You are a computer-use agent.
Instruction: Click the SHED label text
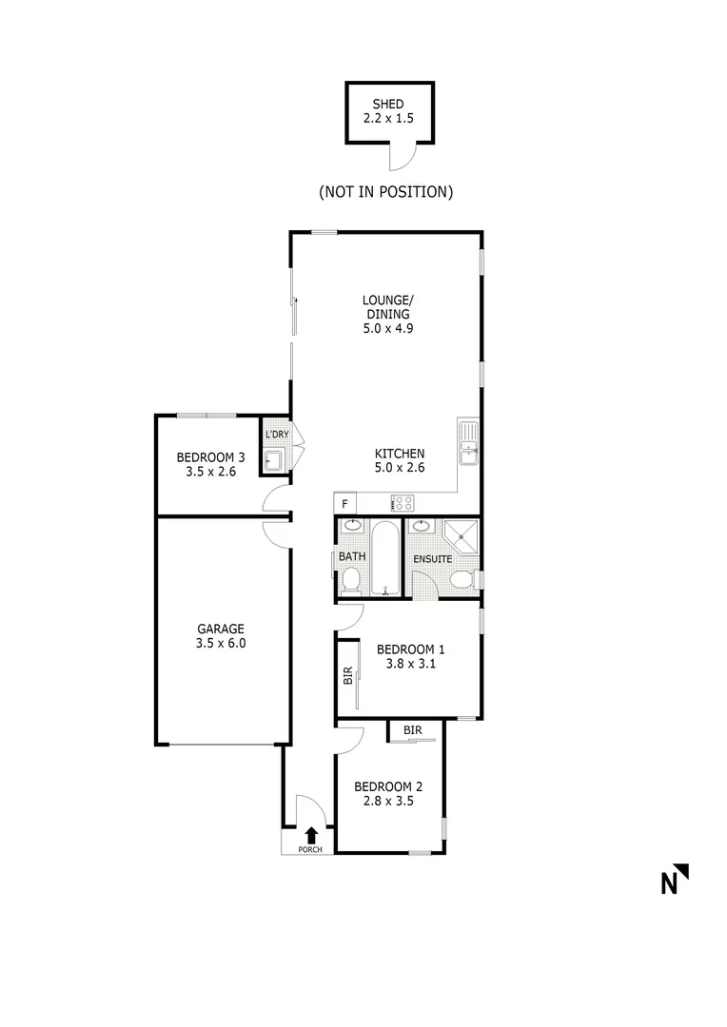coord(388,104)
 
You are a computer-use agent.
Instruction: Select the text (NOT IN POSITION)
coord(385,192)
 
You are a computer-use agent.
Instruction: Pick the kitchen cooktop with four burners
coord(402,502)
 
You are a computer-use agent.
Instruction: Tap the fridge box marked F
coord(344,502)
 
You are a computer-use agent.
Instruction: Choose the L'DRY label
coord(276,435)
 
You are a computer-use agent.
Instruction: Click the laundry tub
coord(274,461)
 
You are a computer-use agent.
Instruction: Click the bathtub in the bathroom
coord(385,557)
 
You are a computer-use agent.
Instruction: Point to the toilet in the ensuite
coord(462,579)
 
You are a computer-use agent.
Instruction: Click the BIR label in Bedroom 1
coord(347,677)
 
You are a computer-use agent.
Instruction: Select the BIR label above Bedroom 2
coord(412,730)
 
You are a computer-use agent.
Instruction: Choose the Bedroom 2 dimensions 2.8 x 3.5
coord(387,803)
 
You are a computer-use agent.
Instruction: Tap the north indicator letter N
coord(670,883)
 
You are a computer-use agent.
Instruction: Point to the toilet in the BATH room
coord(349,579)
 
